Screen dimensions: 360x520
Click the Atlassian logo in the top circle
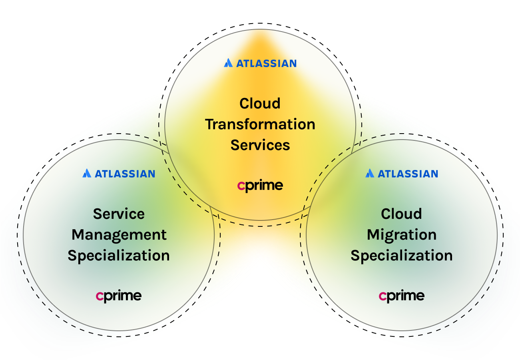(260, 63)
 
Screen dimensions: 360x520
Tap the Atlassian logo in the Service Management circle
(119, 174)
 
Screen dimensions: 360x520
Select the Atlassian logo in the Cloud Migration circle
(402, 174)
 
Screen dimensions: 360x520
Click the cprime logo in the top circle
(260, 186)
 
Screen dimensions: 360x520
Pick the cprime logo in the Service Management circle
(119, 296)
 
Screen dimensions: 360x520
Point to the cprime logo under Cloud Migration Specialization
(402, 296)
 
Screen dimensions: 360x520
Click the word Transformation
(260, 124)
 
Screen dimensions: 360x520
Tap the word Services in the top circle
(260, 145)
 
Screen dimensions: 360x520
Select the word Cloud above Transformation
(260, 104)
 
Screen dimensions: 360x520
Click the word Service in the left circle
(119, 214)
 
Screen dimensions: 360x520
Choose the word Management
(119, 235)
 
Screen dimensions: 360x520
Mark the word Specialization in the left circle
(119, 256)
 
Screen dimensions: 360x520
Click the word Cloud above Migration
(402, 214)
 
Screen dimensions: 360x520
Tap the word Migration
(402, 235)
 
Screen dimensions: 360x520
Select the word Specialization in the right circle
(402, 256)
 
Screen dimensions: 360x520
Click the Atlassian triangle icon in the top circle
(228, 63)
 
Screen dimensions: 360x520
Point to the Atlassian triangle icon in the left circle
(87, 173)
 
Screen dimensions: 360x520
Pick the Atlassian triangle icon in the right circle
(370, 173)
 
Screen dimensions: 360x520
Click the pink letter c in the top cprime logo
(241, 186)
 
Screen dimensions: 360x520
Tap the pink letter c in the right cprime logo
(383, 296)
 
